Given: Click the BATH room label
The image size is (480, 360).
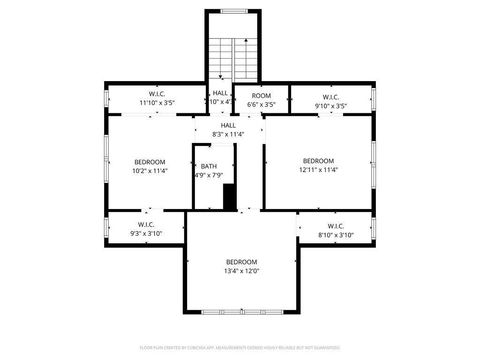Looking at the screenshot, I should coord(208,167).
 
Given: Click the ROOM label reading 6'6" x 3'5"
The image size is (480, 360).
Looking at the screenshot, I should coord(261,95).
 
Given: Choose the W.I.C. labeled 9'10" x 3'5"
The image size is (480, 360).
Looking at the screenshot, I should coord(330,102).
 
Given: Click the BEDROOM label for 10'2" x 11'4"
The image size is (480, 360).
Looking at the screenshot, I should coord(150,162).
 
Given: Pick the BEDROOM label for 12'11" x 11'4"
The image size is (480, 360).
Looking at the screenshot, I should coord(318,161).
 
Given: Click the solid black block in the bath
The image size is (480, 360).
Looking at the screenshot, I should coord(230,197).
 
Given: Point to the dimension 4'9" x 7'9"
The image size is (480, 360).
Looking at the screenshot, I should coord(208,177).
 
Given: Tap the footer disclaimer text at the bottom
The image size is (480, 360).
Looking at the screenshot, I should coord(240,346).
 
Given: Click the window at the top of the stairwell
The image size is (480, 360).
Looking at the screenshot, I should coord(233,12).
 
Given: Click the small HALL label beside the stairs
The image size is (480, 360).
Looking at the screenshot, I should coord(219,93).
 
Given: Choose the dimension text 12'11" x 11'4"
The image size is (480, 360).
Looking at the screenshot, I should coord(318,170).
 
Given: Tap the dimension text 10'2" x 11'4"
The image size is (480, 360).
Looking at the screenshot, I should coord(150,171).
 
